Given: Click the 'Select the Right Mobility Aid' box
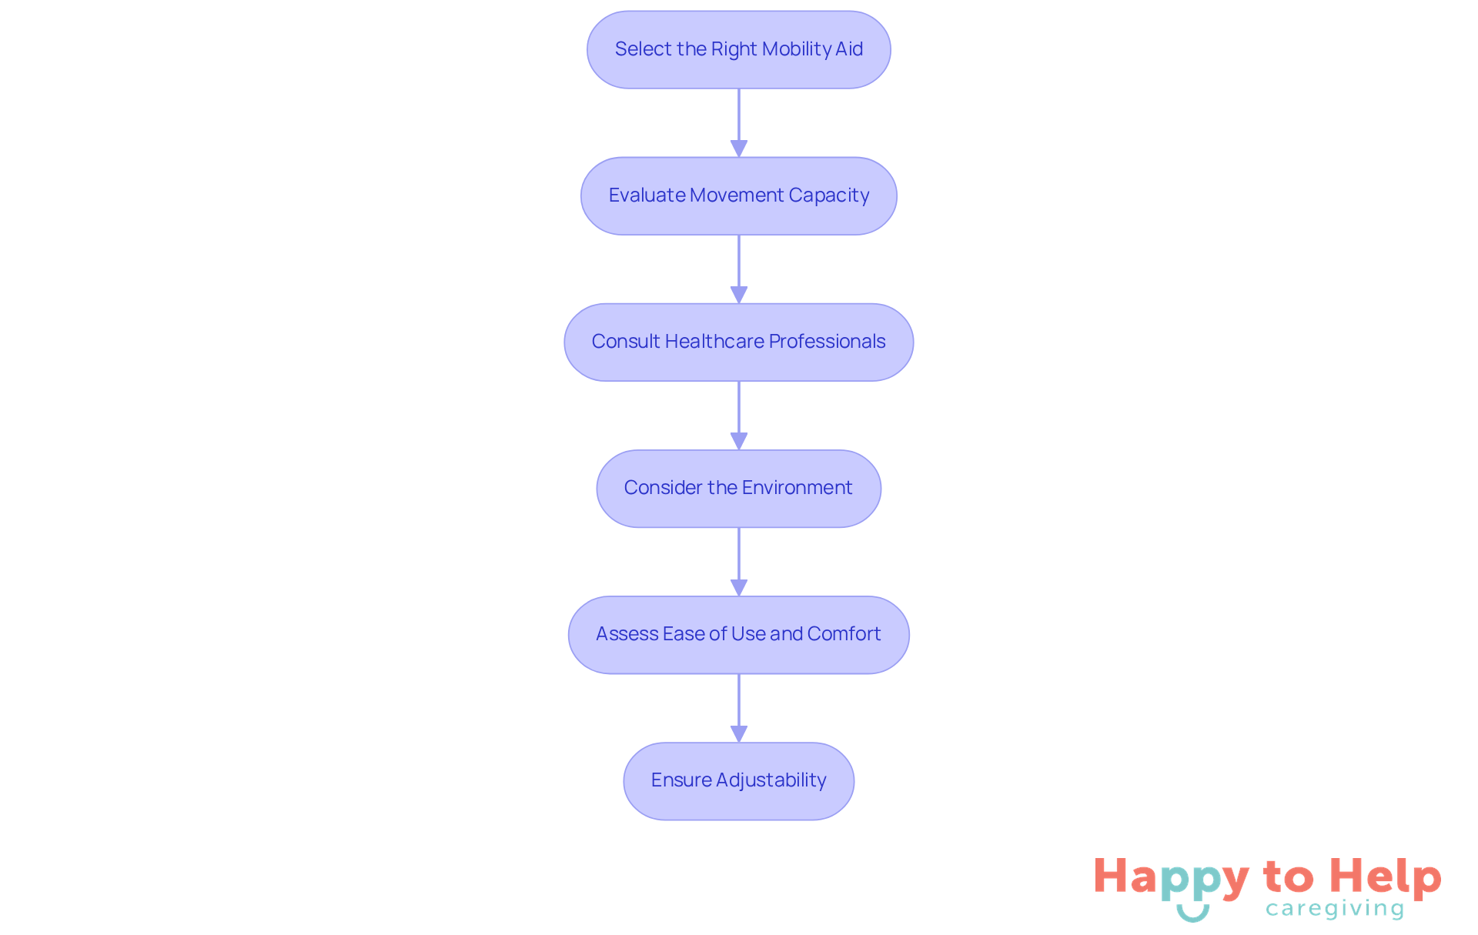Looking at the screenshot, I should coord(738,49).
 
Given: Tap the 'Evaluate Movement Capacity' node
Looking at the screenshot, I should coord(738,195).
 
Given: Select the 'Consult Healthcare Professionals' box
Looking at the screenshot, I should coord(738,342).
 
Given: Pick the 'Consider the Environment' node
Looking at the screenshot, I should coord(738,488).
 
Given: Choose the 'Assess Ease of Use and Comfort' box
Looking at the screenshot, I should coord(738,634).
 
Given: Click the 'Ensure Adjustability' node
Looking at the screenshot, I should coord(738,780).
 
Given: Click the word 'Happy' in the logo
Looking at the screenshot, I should coord(1171,878).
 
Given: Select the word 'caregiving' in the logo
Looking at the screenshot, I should coord(1335,909).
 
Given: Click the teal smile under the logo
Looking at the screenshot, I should coord(1192,913).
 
